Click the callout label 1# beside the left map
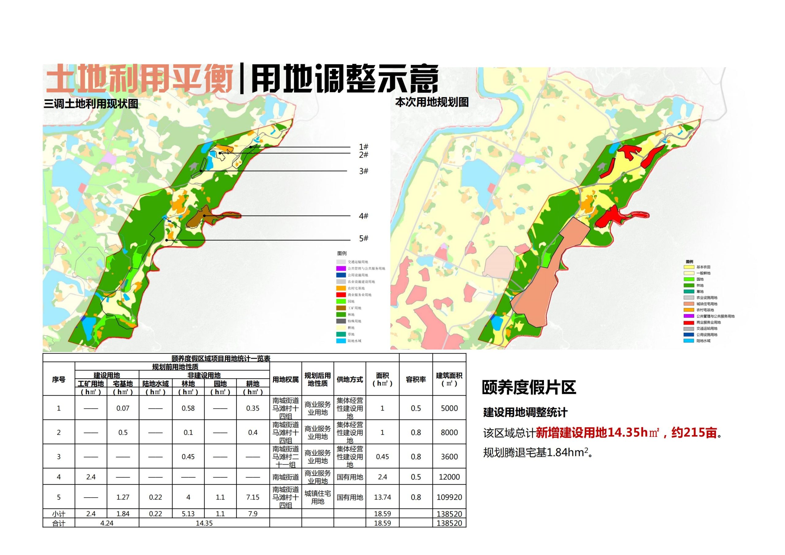point(363,147)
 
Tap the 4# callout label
point(363,216)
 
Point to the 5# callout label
point(363,238)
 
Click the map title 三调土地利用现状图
point(91,104)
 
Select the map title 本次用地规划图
point(432,102)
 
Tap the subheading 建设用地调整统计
point(525,412)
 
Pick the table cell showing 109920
point(449,497)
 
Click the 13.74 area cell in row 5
point(382,497)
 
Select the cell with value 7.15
point(253,497)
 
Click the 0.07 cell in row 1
point(123,408)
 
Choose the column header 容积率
point(416,380)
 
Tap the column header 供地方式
point(350,380)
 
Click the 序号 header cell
point(59,380)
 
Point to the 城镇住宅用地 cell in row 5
point(318,497)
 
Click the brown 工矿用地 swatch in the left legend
point(341,308)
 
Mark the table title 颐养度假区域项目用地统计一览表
point(221,358)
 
